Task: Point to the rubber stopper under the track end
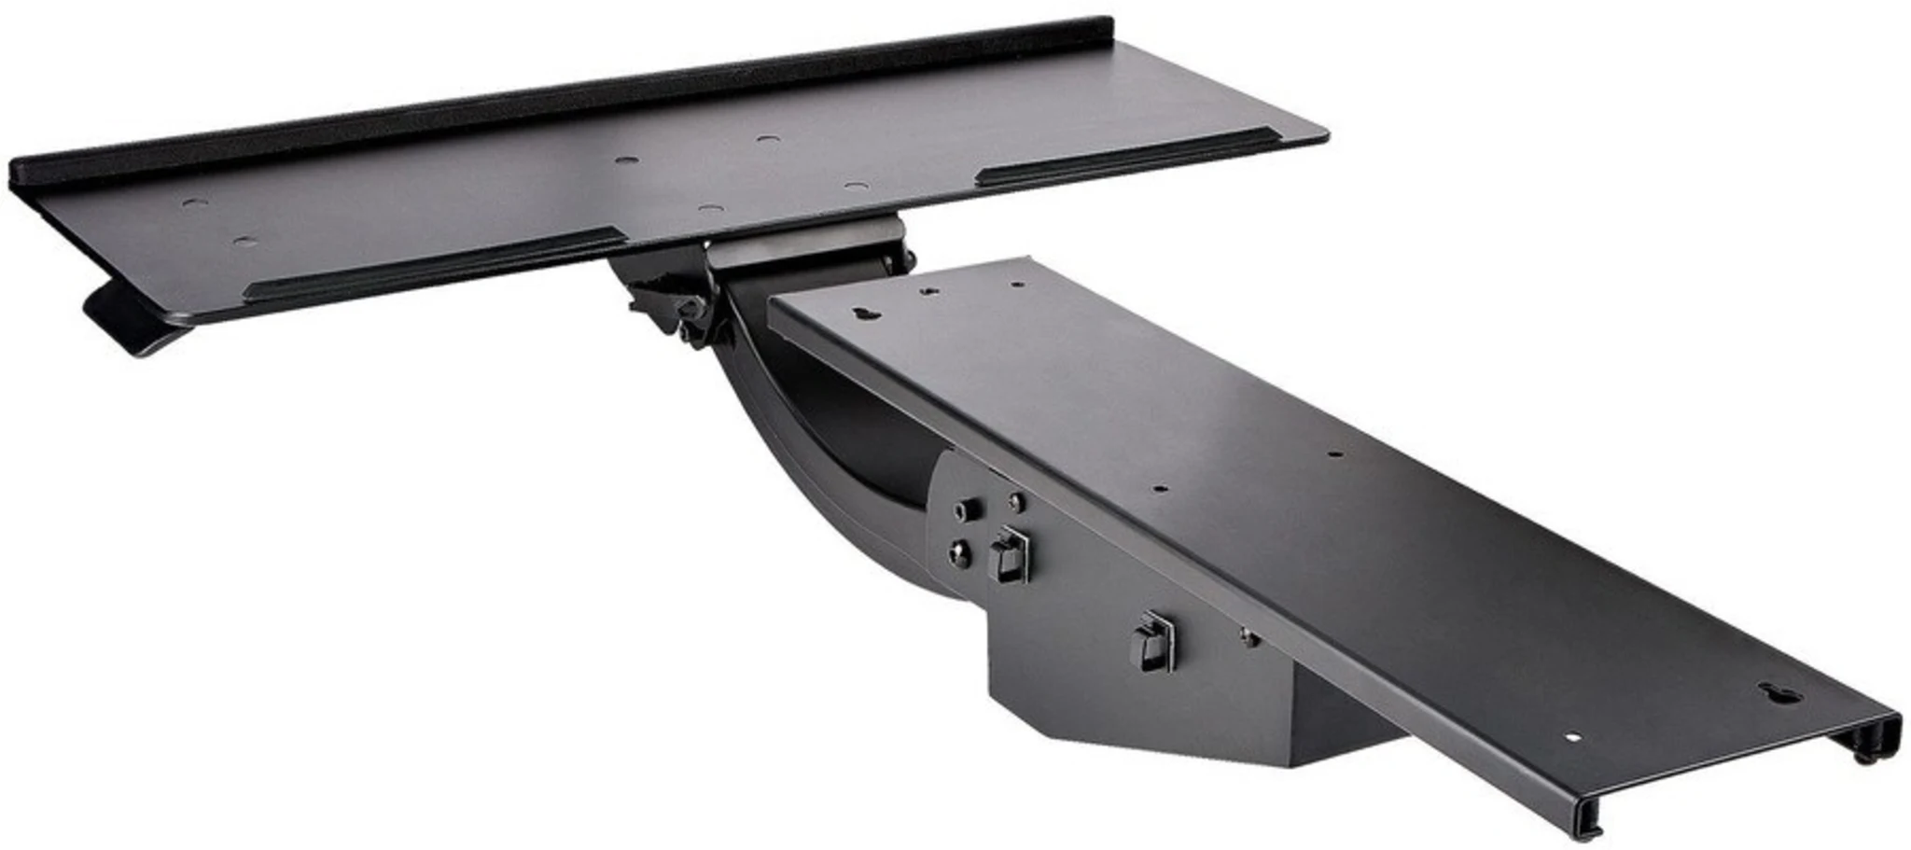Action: (x=1862, y=754)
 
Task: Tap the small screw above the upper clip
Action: (x=1015, y=502)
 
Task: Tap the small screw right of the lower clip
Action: (x=1248, y=639)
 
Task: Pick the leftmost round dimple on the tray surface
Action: (x=193, y=202)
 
